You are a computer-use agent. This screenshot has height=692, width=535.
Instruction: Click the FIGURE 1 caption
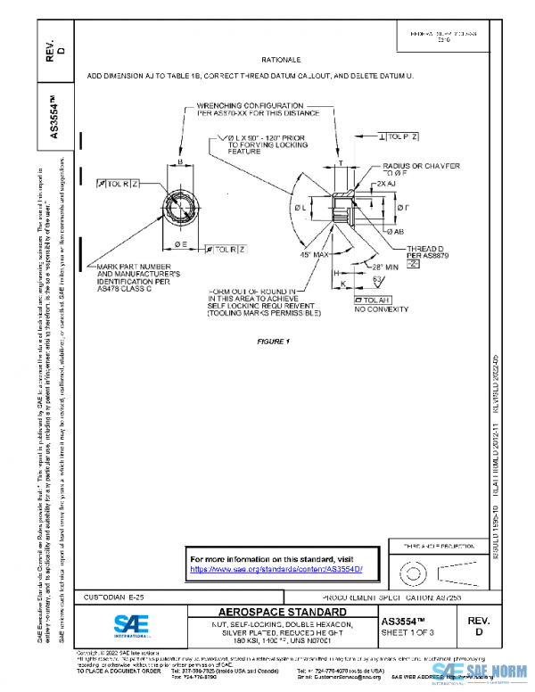[x=275, y=342]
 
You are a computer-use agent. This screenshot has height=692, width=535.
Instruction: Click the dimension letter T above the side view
[x=340, y=165]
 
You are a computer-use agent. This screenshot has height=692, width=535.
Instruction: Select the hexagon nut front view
[x=180, y=203]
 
